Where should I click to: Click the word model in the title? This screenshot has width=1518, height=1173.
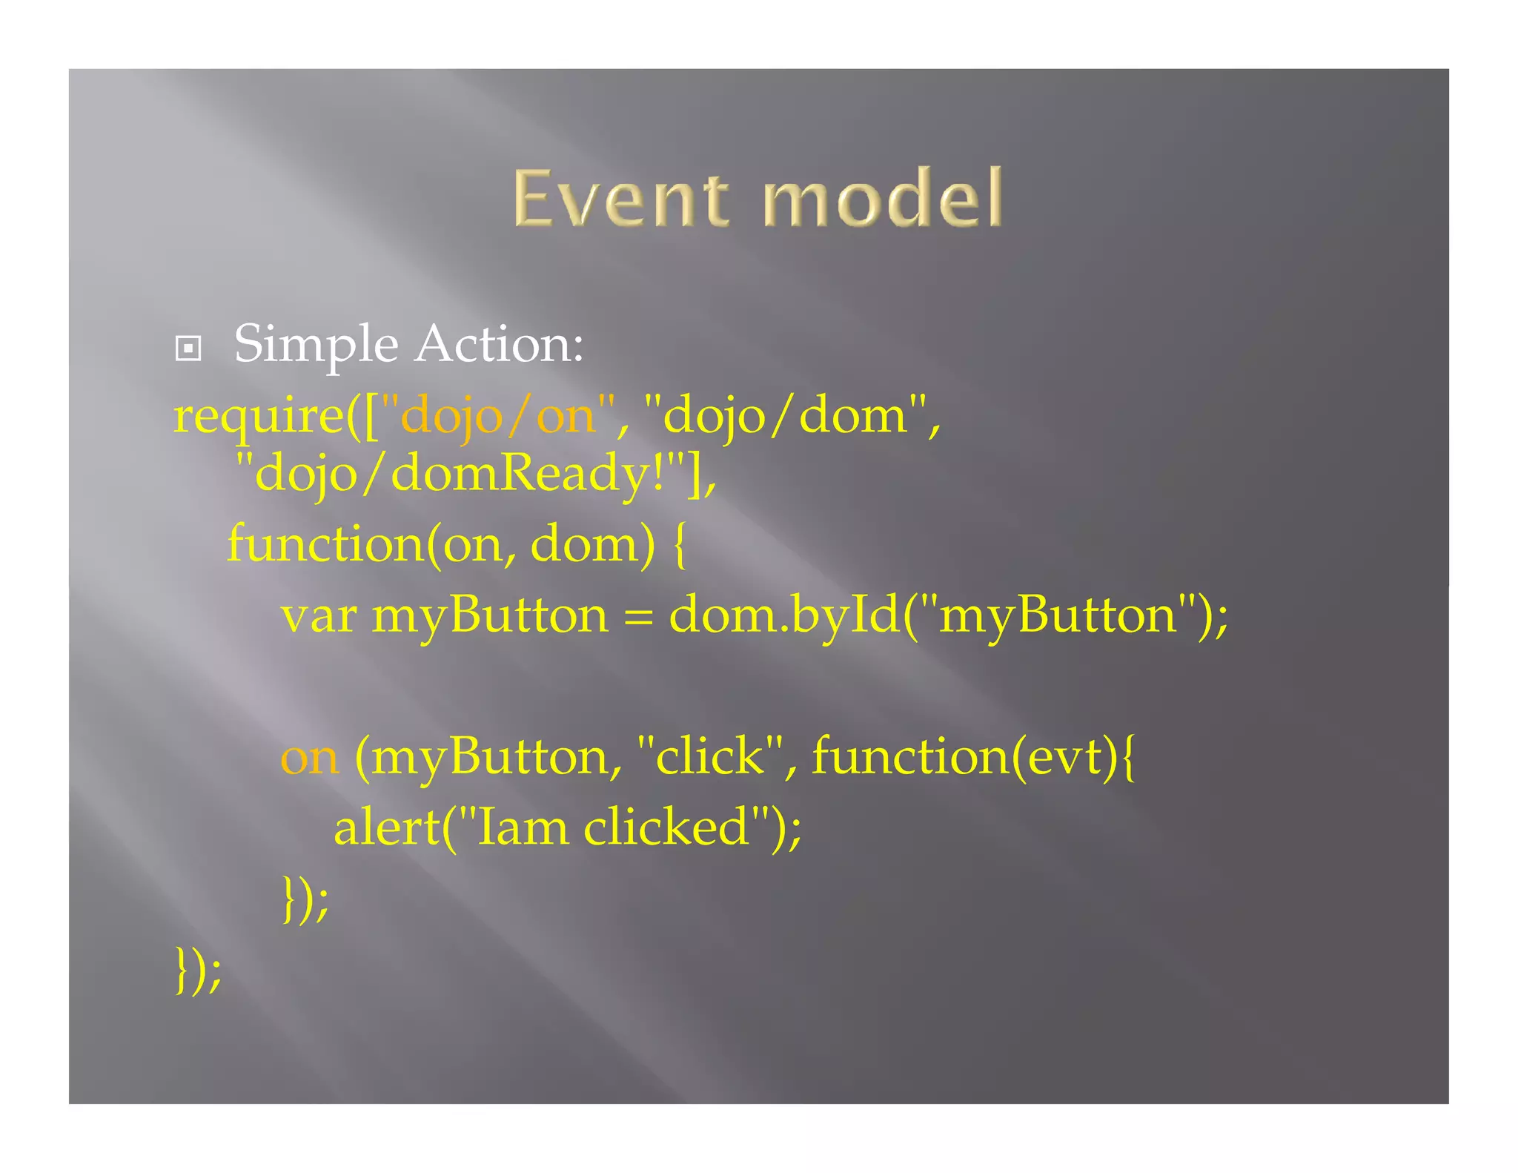coord(882,198)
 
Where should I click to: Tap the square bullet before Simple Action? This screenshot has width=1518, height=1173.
coord(188,348)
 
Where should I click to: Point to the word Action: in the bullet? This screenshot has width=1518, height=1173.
coord(500,344)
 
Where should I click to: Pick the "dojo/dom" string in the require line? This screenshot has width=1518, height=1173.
coord(786,416)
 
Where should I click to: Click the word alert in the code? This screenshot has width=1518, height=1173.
coord(386,828)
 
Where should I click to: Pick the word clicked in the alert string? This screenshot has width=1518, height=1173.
coord(666,828)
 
